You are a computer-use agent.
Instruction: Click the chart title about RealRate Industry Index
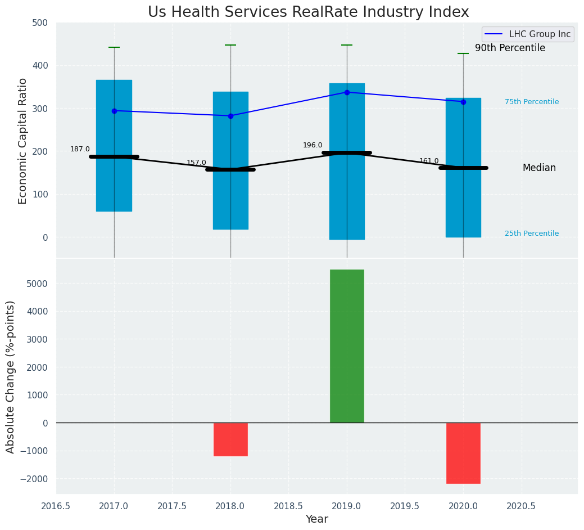308,12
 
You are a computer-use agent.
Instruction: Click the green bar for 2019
347,346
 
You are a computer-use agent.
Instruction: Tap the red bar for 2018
230,439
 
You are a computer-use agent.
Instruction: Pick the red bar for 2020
463,453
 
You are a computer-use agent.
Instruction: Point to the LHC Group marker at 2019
347,92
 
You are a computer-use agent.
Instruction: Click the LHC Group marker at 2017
114,111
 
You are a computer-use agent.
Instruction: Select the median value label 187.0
80,149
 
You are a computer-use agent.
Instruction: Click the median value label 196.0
313,145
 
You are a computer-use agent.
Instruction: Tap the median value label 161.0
429,161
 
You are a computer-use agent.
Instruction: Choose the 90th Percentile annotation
510,48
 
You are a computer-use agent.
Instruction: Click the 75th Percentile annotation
532,102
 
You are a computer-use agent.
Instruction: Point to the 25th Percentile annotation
532,233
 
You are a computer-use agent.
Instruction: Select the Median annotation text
539,168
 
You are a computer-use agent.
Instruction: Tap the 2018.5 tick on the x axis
288,506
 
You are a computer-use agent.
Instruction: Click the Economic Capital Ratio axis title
23,141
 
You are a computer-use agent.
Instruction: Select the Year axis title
316,519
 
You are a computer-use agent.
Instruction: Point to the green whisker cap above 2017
114,47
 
